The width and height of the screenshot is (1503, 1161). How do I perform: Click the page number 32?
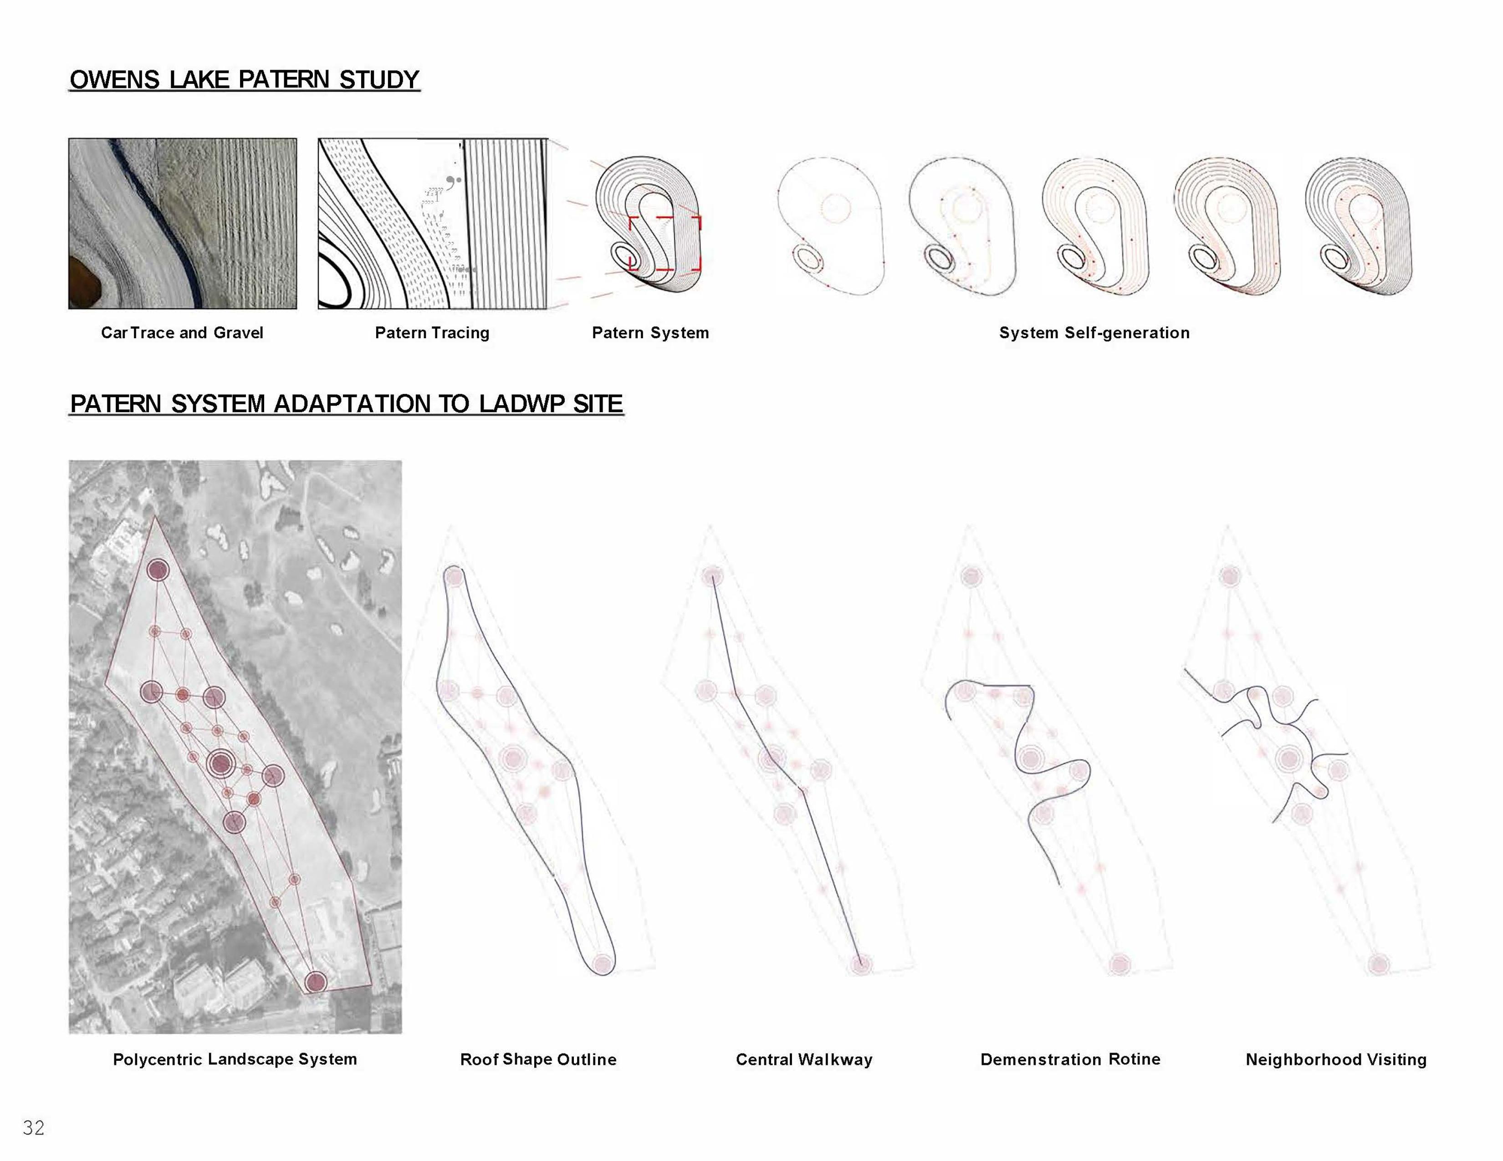pos(34,1127)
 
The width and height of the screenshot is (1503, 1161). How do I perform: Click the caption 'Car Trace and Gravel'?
pos(182,333)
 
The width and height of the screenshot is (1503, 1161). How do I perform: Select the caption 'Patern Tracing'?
pos(432,333)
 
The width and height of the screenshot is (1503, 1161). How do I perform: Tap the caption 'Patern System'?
pos(650,333)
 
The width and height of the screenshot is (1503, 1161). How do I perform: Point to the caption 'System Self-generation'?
pos(1094,333)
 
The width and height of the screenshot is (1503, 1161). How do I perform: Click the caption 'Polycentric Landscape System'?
pos(235,1059)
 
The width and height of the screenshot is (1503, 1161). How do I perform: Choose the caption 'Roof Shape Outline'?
pos(538,1059)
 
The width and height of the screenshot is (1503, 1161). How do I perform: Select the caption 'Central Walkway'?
pos(804,1059)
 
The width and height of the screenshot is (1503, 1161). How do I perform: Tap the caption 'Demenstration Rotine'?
pos(1070,1059)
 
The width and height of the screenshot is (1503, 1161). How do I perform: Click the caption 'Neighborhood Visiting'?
pos(1336,1059)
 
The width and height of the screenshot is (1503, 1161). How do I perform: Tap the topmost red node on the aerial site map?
pos(158,570)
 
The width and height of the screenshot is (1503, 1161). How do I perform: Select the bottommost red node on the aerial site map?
pos(315,982)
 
